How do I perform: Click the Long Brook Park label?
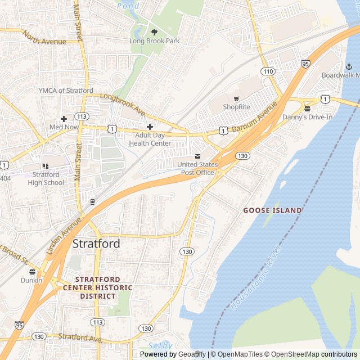[154, 41]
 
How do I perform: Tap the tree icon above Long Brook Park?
[154, 32]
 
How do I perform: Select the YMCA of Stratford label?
[66, 91]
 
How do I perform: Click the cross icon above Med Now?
[64, 119]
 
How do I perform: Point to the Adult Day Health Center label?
[150, 139]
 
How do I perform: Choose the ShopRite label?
[236, 106]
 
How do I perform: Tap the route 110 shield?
[267, 71]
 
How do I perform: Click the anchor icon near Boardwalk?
[332, 66]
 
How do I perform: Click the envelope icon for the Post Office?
[197, 156]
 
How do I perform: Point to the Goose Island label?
[272, 210]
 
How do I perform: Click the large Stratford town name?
[96, 244]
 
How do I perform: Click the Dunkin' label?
[31, 280]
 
